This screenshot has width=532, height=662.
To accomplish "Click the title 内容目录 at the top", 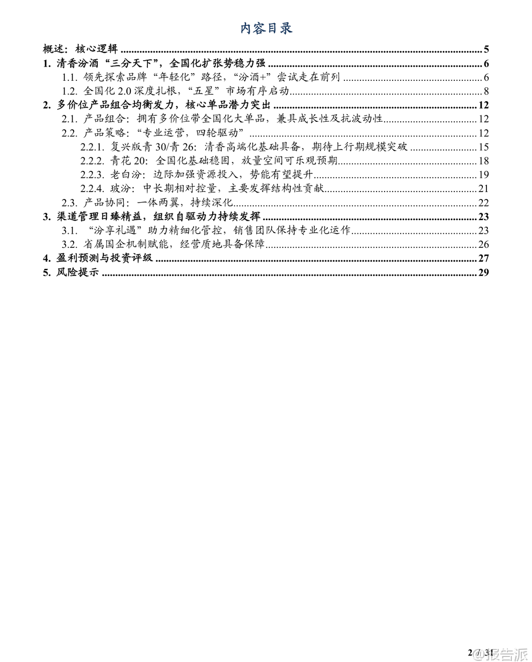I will click(x=266, y=28).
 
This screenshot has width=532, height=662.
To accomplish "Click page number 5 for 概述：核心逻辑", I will click(x=486, y=49).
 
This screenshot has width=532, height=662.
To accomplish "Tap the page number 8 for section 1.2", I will click(x=486, y=91).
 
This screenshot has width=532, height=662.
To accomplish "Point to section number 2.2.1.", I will click(x=92, y=147).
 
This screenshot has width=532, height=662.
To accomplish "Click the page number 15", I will click(x=483, y=147).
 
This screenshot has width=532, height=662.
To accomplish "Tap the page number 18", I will click(x=483, y=161).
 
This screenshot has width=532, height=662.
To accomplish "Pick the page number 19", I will click(x=483, y=175).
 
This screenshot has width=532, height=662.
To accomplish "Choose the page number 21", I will click(x=483, y=189).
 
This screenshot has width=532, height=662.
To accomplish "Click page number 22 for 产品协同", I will click(x=483, y=203).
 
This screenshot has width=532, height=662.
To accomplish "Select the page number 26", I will click(x=483, y=245).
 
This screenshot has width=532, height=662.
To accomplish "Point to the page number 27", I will click(x=483, y=259).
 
